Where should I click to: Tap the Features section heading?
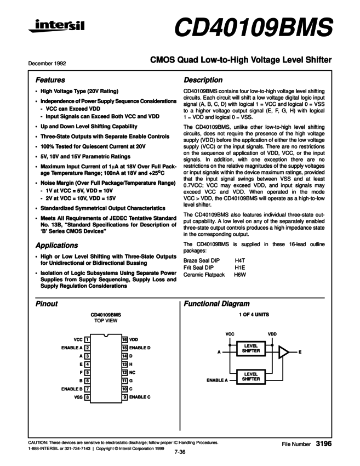click(x=50, y=80)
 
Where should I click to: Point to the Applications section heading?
click(x=56, y=245)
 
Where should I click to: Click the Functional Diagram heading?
click(x=217, y=303)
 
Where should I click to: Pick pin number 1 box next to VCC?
click(x=88, y=340)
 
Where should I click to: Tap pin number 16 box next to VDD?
click(x=125, y=340)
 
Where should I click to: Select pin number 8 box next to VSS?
click(x=88, y=396)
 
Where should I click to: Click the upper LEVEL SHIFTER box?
click(x=251, y=349)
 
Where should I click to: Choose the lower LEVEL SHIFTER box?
click(x=251, y=377)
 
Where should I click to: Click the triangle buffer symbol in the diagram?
click(x=284, y=352)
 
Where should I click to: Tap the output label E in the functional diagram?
click(x=300, y=352)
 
